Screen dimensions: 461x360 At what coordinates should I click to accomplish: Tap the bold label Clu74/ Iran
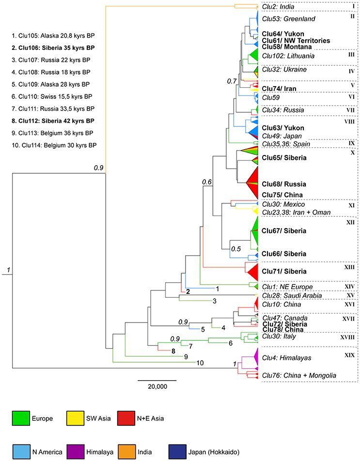(x=279, y=89)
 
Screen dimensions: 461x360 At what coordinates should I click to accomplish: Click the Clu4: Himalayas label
(x=286, y=358)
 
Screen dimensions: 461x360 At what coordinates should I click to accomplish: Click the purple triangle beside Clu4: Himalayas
(x=253, y=357)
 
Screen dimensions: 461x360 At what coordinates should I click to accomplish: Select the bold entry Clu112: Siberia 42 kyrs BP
(x=53, y=121)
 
